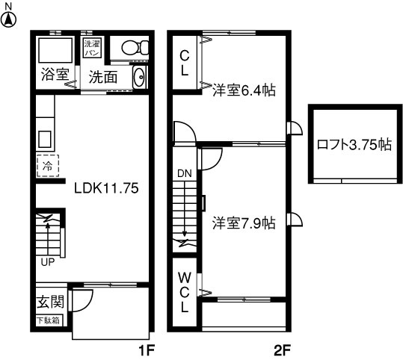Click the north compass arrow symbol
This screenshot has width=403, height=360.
pos(8,20)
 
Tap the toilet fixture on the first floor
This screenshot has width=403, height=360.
pos(135,48)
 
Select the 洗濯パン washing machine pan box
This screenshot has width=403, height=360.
pos(92,47)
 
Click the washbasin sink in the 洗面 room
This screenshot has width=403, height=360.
pos(140,77)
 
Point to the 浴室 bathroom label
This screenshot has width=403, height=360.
pos(55,74)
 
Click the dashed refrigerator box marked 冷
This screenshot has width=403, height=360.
pos(48,166)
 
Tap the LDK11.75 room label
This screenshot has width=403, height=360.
pos(106,188)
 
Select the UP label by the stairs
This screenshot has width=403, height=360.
pos(48,262)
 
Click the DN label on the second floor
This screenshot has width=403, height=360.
pos(185,173)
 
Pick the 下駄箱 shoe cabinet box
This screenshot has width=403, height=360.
pos(49,320)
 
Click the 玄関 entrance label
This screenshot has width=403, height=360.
pos(50,302)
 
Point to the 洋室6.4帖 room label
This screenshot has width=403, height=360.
pos(244,90)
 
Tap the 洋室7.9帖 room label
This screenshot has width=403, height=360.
pos(244,223)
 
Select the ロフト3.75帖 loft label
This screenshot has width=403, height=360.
pos(354,144)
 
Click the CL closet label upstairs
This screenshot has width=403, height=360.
pos(185,63)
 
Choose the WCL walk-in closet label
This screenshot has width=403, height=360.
pos(185,292)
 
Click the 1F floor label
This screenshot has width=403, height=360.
pos(147,350)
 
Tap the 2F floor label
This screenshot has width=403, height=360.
pos(282,350)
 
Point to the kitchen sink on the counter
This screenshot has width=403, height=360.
pos(45,139)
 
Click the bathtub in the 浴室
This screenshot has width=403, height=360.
pos(55,50)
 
